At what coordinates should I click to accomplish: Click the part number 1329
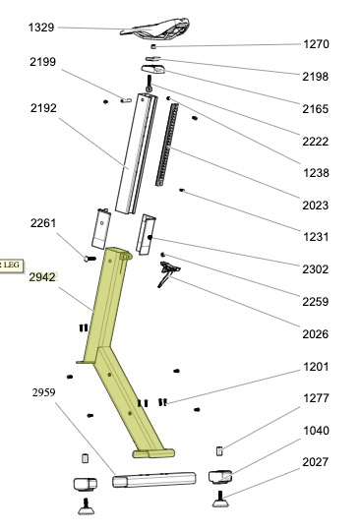(x=41, y=28)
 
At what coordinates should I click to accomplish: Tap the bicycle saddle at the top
(x=154, y=28)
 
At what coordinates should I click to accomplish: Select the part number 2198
(x=316, y=77)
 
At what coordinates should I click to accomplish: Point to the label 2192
(x=43, y=108)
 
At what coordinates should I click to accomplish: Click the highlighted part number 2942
(x=42, y=277)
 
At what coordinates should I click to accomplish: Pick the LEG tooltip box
(x=11, y=265)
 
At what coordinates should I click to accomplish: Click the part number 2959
(x=43, y=392)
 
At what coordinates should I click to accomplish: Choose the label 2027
(x=316, y=462)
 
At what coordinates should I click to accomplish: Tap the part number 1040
(x=316, y=431)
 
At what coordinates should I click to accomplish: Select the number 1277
(x=316, y=398)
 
